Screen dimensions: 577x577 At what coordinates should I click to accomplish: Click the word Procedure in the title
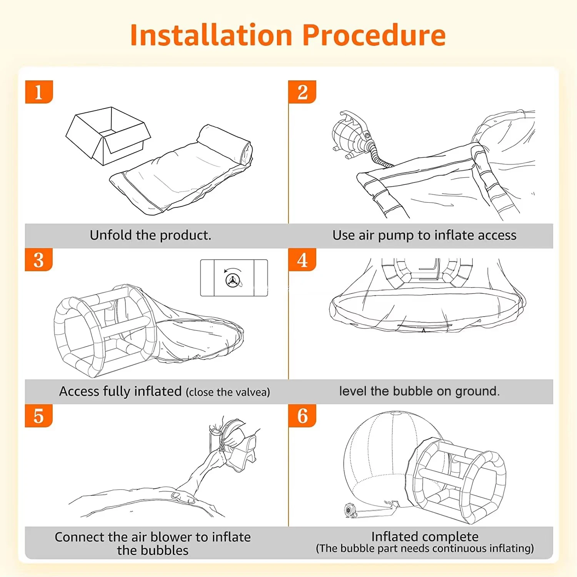click(374, 35)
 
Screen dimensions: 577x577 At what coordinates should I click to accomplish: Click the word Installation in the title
click(211, 35)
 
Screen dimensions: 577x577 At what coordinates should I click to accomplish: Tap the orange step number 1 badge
click(39, 92)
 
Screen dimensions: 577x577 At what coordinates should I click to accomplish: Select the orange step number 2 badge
click(302, 92)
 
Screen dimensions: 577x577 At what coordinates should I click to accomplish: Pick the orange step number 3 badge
click(39, 260)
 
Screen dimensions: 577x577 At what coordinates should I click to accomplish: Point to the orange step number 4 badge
click(302, 260)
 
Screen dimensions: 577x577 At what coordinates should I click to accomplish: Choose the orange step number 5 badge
click(39, 416)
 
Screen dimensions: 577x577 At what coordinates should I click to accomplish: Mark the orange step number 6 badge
click(302, 416)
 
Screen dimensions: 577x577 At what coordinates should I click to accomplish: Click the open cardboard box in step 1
click(108, 136)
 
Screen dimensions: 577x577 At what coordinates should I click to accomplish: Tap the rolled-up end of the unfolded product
click(225, 145)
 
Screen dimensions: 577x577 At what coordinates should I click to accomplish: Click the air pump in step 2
click(351, 135)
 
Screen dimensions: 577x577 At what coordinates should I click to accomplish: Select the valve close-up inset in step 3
click(234, 278)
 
